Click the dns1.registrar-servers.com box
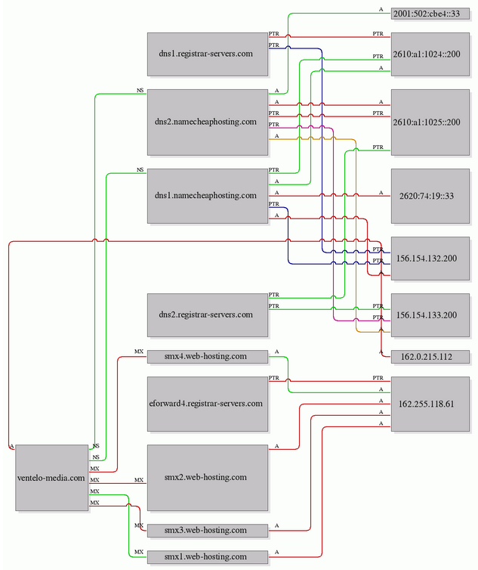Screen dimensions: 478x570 (x=208, y=54)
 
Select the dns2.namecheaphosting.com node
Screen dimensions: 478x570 (x=208, y=122)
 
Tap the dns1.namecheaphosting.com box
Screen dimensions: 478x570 (x=208, y=196)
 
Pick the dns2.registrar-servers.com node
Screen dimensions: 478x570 (x=208, y=315)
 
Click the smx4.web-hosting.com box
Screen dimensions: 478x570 (x=208, y=357)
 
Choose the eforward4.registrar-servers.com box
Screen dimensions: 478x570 (x=208, y=404)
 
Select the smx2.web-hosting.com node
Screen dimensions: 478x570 (x=208, y=478)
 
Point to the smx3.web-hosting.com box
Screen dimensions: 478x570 (x=208, y=531)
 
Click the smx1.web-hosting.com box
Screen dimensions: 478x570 (x=208, y=557)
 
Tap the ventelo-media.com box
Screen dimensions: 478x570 (x=51, y=478)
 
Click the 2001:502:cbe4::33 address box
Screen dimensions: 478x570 (x=430, y=14)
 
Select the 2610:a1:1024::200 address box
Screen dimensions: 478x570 (x=430, y=54)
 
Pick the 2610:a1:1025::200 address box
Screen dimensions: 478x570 (x=430, y=122)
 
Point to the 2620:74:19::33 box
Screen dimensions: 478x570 (x=430, y=196)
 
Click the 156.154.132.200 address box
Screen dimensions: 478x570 (x=430, y=259)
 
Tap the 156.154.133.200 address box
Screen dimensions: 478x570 (x=430, y=315)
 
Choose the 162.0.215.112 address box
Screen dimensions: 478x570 (x=430, y=357)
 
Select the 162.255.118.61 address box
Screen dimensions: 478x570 (x=430, y=404)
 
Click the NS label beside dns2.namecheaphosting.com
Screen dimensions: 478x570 (x=140, y=91)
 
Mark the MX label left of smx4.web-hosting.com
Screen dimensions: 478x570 (x=139, y=352)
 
